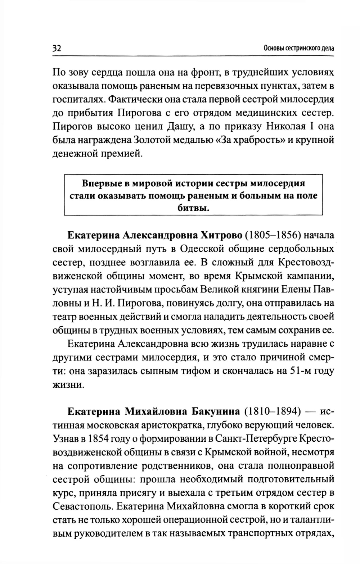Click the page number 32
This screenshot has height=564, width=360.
[x=57, y=48]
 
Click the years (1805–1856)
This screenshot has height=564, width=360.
[x=273, y=236]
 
